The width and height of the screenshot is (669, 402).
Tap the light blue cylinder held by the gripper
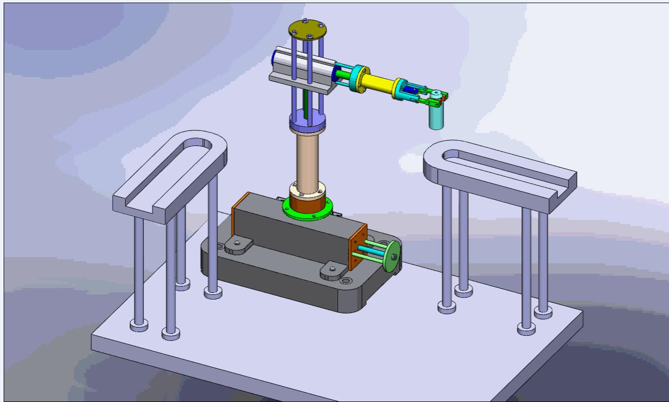pos(436,118)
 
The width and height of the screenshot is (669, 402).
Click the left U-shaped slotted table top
pos(171,173)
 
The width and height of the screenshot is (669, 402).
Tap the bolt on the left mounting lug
pos(236,242)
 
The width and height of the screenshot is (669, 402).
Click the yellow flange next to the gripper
pos(399,88)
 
